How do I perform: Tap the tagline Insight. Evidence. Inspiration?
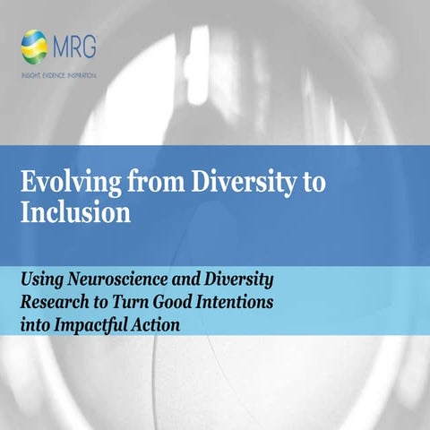click(x=58, y=74)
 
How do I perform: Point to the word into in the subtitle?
click(x=36, y=322)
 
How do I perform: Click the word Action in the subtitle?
click(x=156, y=322)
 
